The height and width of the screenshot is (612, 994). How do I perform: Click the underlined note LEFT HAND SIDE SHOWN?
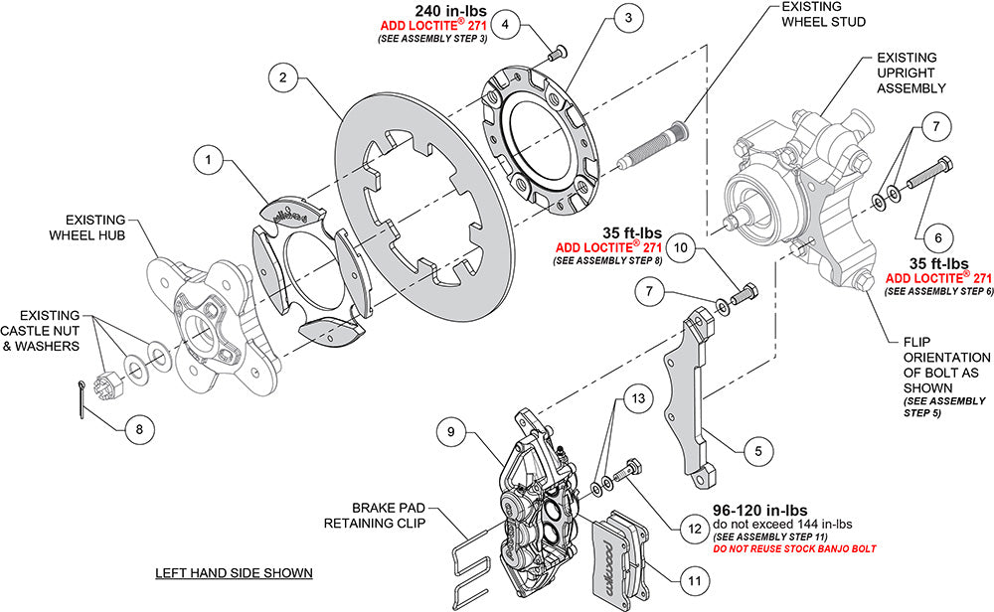[x=235, y=573]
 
